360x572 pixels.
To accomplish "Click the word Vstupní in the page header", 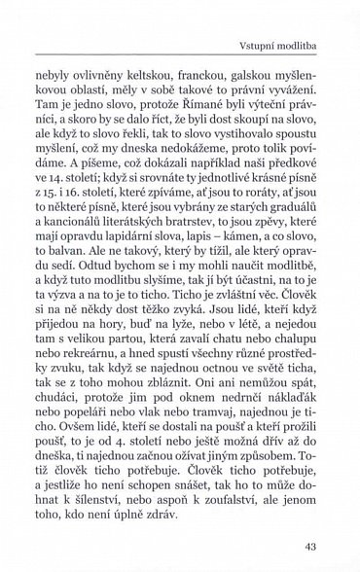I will (254, 46).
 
